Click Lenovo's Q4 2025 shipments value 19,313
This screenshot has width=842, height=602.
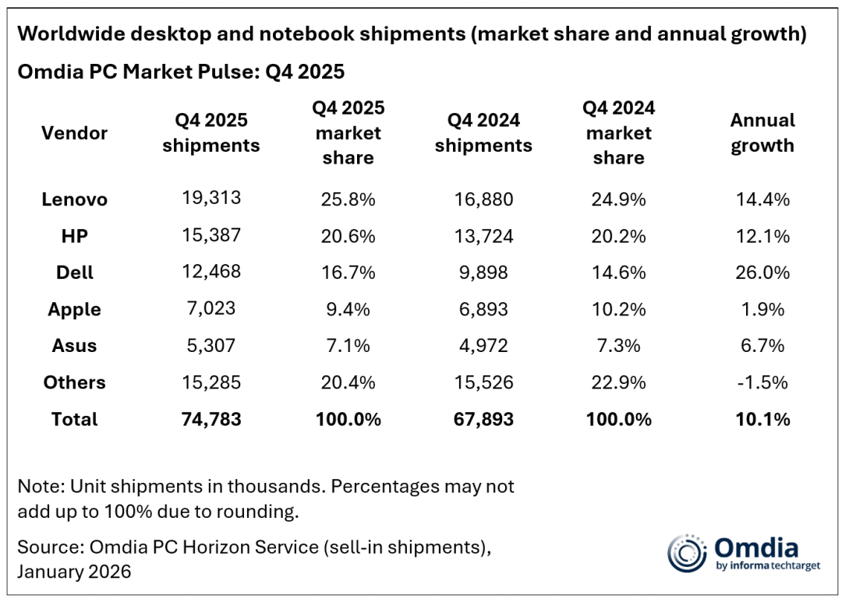pyautogui.click(x=210, y=198)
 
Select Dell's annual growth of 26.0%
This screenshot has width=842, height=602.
pyautogui.click(x=762, y=273)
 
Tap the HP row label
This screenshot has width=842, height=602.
pyautogui.click(x=74, y=235)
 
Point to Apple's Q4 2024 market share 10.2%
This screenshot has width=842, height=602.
pyautogui.click(x=618, y=309)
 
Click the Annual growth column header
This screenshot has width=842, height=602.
pyautogui.click(x=762, y=133)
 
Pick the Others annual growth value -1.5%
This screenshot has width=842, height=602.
pyautogui.click(x=762, y=382)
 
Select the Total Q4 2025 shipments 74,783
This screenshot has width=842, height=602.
pyautogui.click(x=210, y=419)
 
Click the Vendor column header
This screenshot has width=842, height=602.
pyautogui.click(x=74, y=133)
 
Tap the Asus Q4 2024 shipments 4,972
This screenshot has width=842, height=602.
pyautogui.click(x=483, y=346)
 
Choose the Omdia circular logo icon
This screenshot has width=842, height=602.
pyautogui.click(x=686, y=554)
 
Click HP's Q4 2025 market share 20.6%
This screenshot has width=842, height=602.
pyautogui.click(x=348, y=236)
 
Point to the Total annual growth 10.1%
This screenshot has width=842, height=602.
pyautogui.click(x=762, y=419)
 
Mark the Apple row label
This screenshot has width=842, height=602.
pyautogui.click(x=74, y=309)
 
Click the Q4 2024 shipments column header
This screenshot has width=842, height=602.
pyautogui.click(x=483, y=133)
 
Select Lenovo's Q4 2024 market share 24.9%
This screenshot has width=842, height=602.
pyautogui.click(x=618, y=199)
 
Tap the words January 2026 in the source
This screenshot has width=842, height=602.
pyautogui.click(x=74, y=571)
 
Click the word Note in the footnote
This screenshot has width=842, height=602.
pyautogui.click(x=39, y=487)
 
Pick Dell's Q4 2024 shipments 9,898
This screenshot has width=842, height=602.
pyautogui.click(x=483, y=273)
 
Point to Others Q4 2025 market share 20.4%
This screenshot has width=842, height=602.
pyautogui.click(x=348, y=382)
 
